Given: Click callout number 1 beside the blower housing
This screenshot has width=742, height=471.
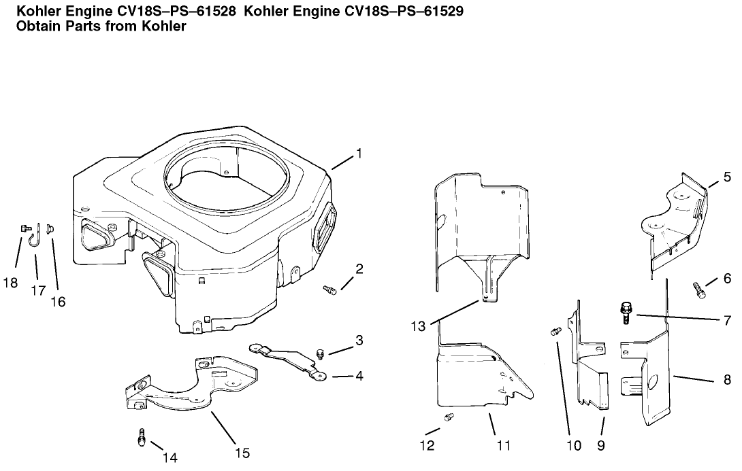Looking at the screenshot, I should click(359, 154).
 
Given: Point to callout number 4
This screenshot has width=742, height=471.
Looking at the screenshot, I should click(358, 374).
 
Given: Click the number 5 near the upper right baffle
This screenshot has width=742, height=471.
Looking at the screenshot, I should click(726, 178).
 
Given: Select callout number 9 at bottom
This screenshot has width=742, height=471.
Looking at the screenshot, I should click(601, 446).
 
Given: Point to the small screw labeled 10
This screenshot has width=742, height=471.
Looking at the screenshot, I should click(555, 332).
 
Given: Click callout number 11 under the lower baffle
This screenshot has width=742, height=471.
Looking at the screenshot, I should click(503, 446).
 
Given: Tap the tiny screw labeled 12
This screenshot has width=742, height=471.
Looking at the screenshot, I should click(449, 417).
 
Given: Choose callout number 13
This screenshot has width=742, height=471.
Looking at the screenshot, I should click(418, 326).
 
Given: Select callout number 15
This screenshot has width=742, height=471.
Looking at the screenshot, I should click(242, 452).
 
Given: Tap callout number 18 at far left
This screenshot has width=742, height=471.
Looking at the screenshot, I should click(10, 282).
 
